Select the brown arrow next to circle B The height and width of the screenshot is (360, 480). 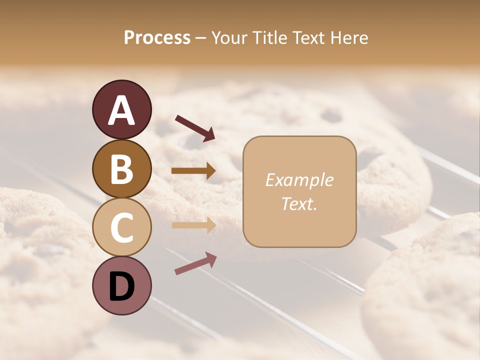click(193, 171)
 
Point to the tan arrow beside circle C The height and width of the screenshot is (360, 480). click(193, 225)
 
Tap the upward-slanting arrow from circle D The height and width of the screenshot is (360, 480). click(195, 263)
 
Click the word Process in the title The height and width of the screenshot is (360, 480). click(157, 37)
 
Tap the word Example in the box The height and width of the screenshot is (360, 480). click(299, 180)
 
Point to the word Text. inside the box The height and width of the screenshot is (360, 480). click(299, 203)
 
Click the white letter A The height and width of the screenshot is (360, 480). click(121, 110)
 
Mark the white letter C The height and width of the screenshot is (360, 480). click(121, 227)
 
